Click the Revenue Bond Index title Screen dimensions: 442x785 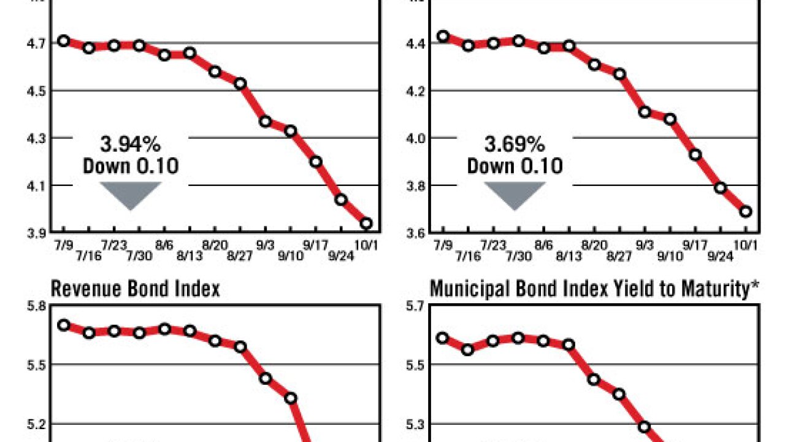[135, 289]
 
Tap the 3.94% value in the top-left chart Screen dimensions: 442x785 [131, 145]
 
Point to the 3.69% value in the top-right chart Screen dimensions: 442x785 [515, 145]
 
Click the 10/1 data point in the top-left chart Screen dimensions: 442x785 [366, 223]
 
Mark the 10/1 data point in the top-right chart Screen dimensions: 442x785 [746, 212]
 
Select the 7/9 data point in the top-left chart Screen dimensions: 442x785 [64, 41]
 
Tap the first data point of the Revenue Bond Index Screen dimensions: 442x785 [64, 325]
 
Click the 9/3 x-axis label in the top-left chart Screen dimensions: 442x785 [266, 245]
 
